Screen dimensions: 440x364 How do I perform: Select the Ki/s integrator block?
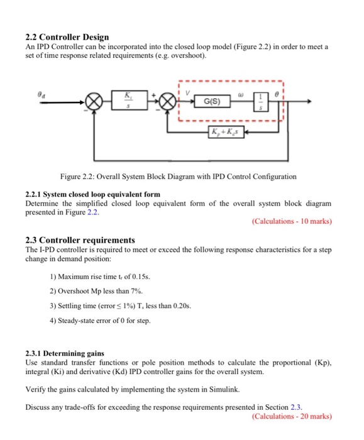(129, 101)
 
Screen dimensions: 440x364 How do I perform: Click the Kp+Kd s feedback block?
(224, 132)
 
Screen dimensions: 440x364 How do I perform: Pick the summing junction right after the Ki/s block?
(167, 102)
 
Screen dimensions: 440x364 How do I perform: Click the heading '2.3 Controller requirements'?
(80, 240)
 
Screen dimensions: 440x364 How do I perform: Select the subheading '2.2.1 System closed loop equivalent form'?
(92, 195)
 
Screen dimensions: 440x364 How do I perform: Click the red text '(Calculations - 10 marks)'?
(291, 221)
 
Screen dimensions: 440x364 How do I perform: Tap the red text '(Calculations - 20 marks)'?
(291, 416)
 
